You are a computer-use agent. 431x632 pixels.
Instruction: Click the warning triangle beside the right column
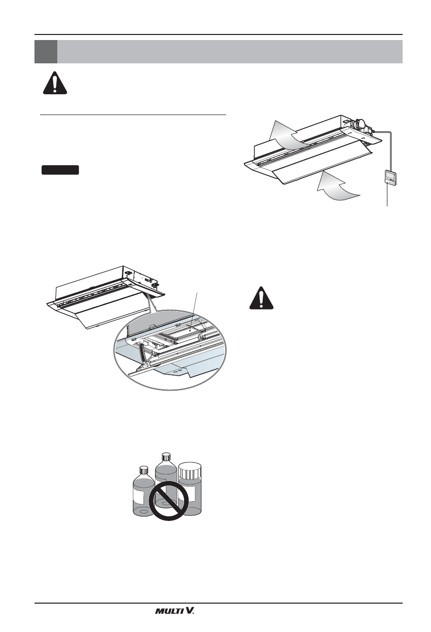(x=261, y=299)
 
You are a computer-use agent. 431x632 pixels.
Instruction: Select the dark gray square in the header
(x=46, y=51)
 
